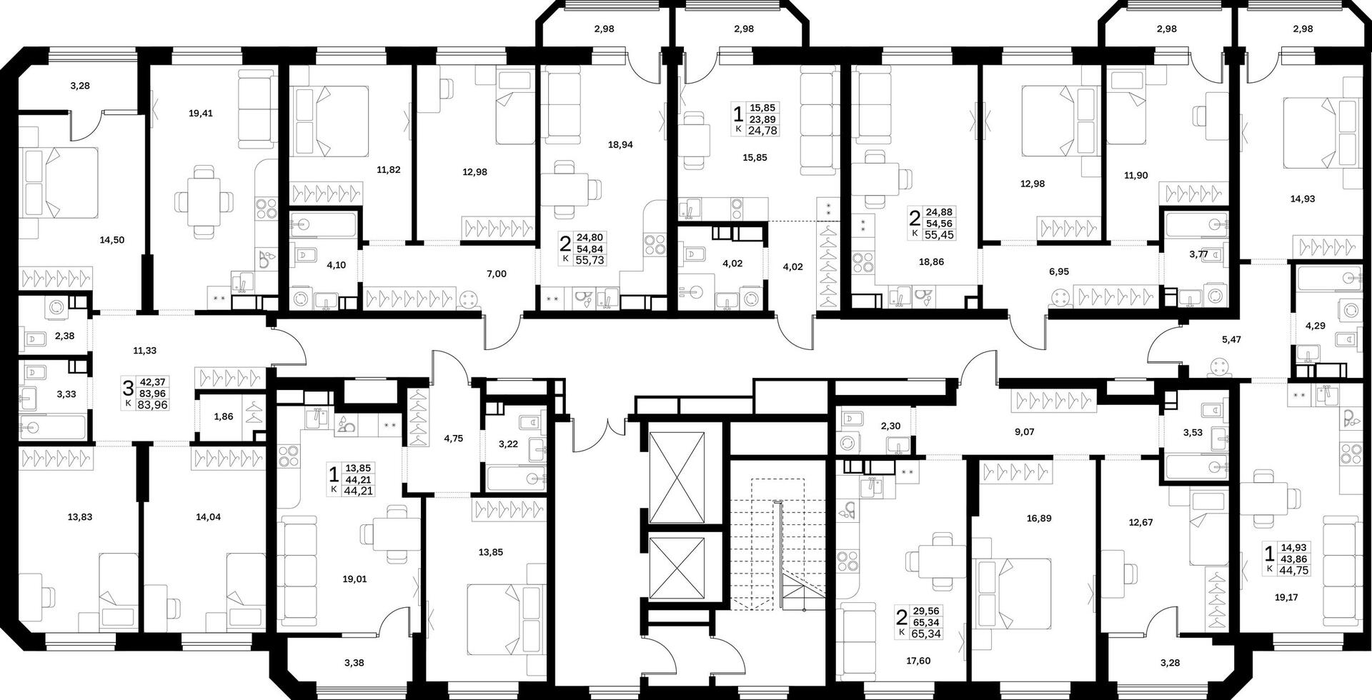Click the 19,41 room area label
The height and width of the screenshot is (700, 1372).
201,113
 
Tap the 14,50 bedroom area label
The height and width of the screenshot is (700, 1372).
112,240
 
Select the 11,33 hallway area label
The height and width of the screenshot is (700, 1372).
144,351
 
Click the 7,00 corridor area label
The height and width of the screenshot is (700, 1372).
496,273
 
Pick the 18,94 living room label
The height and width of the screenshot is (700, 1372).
620,144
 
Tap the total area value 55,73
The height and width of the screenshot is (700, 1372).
590,261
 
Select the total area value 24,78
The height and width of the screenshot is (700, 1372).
763,130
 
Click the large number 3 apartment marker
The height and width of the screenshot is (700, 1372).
129,389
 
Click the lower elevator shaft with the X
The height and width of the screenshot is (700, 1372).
676,569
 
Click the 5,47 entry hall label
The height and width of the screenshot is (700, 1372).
1231,340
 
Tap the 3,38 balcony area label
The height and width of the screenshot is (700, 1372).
353,663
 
